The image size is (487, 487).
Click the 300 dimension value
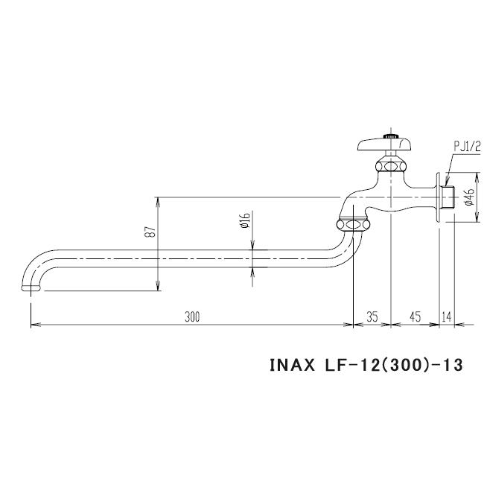[191, 316]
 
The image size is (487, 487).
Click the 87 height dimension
[150, 232]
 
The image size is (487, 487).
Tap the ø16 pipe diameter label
[244, 220]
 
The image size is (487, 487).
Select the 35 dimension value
[372, 316]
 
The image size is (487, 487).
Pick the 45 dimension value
[415, 316]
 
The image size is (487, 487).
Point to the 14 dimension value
[446, 316]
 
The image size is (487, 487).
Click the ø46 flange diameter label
[468, 197]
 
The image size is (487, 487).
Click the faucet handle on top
[386, 142]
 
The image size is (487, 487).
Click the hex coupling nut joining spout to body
[353, 223]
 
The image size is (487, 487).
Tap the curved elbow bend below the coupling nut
[343, 249]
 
